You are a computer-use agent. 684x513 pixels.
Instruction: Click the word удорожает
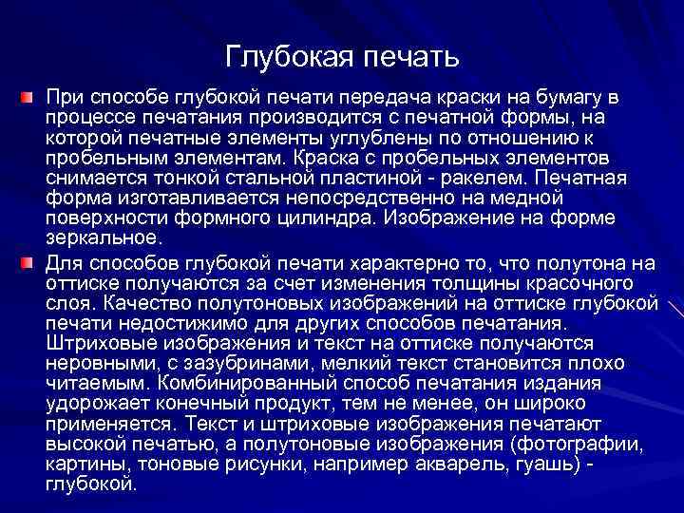(94, 404)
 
